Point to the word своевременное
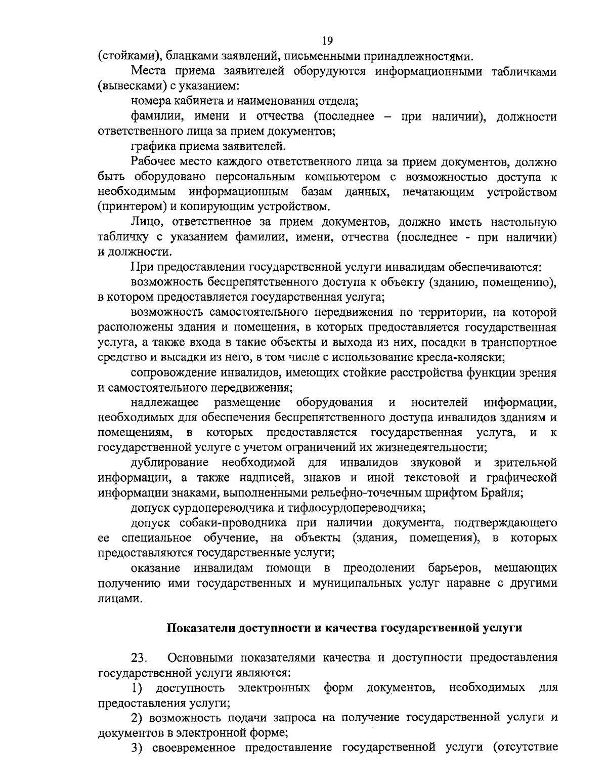(193, 747)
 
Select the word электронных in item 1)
(274, 688)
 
